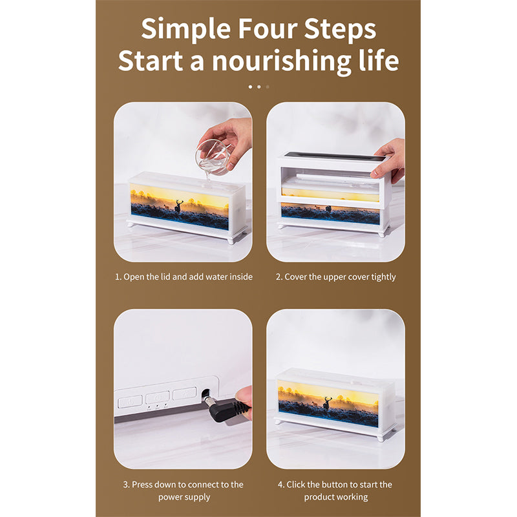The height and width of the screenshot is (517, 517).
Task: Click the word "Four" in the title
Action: (x=268, y=28)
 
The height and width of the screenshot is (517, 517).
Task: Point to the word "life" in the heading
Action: (x=379, y=59)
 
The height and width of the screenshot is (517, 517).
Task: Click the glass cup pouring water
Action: (x=212, y=158)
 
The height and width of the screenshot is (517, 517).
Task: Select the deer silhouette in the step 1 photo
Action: (x=178, y=206)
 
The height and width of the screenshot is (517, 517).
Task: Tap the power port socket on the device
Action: (x=206, y=394)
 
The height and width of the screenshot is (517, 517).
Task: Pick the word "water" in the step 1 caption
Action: (x=212, y=277)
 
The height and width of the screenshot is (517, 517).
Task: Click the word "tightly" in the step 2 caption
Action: (x=383, y=277)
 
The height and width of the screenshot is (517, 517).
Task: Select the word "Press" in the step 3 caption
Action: (x=142, y=485)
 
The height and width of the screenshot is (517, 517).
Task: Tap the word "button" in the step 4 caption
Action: (x=335, y=485)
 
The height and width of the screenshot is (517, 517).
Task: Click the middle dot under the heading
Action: (x=259, y=87)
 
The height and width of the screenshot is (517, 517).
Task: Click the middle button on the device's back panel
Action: (x=158, y=397)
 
